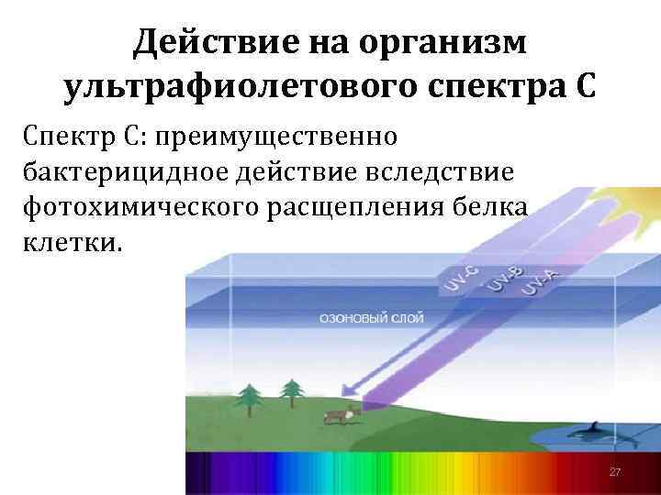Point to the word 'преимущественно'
tap(277, 137)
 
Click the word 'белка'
tap(499, 207)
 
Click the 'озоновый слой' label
tap(370, 317)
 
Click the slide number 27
tap(615, 471)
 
